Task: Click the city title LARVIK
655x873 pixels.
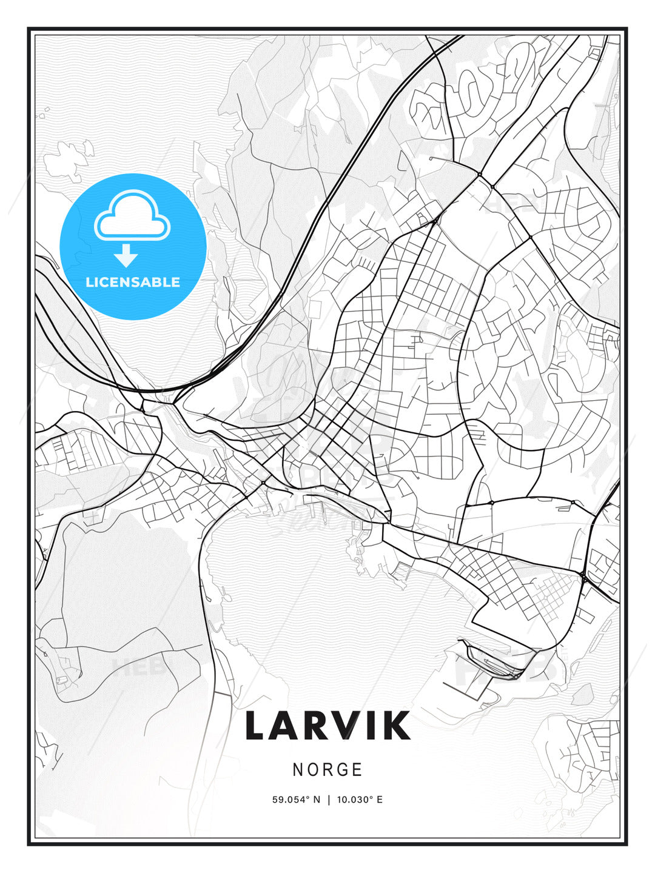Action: click(327, 726)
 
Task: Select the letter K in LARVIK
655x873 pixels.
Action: click(397, 726)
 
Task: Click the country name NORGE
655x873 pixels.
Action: click(327, 769)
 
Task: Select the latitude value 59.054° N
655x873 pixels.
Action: click(296, 800)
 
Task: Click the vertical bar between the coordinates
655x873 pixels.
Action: click(329, 800)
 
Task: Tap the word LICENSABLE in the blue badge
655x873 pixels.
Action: click(133, 282)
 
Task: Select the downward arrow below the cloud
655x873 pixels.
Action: click(126, 256)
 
